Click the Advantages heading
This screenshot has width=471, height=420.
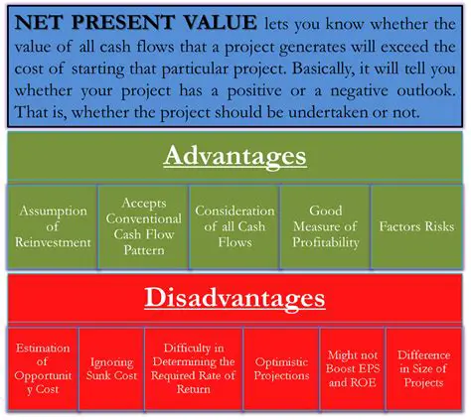click(x=235, y=156)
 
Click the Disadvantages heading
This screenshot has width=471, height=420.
click(x=235, y=297)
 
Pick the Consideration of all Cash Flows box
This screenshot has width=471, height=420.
click(x=235, y=226)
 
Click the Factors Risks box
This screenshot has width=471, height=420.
click(x=415, y=226)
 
